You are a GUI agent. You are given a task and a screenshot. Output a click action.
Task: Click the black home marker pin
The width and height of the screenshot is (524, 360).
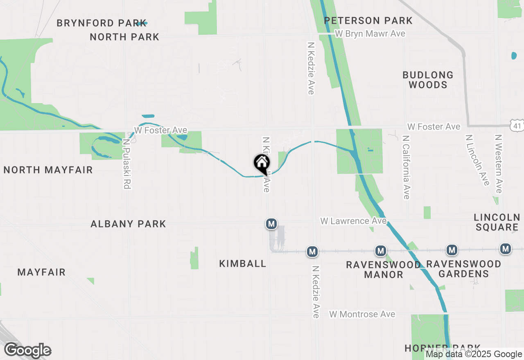[x=262, y=164]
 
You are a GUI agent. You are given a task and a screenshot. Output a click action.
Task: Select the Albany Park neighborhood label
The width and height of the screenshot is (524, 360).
[x=128, y=224]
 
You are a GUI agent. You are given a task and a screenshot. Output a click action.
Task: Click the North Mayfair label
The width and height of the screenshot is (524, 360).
[x=48, y=170]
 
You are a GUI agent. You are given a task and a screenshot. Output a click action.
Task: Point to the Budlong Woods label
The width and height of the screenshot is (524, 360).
[x=428, y=80]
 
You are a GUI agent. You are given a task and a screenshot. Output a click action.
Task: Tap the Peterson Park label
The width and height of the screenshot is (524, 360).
[x=368, y=20]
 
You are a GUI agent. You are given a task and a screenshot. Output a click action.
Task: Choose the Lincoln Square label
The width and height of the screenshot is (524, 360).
[x=497, y=222]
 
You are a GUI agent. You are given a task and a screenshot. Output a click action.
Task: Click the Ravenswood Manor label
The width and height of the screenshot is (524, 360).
[x=383, y=270]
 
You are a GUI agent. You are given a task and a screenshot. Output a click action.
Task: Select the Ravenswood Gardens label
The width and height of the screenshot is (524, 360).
[x=463, y=269]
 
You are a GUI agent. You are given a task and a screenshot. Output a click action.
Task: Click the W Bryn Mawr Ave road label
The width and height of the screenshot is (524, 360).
[x=370, y=34]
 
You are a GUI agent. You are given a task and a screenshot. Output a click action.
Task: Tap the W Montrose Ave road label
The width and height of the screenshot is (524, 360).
[x=362, y=314]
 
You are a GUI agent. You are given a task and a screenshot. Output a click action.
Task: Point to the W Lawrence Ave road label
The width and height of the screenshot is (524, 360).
[x=353, y=221]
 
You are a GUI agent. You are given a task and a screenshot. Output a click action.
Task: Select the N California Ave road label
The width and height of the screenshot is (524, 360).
[x=406, y=167]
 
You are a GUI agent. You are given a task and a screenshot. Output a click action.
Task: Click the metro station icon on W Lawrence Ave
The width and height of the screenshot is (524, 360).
[x=271, y=224]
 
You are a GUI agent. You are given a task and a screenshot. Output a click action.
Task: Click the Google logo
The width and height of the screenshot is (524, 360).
[x=27, y=351]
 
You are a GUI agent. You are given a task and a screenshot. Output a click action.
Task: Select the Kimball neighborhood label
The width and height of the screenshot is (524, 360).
[x=243, y=263]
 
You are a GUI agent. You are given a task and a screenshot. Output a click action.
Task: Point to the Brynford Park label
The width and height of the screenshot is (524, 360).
[x=101, y=23]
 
